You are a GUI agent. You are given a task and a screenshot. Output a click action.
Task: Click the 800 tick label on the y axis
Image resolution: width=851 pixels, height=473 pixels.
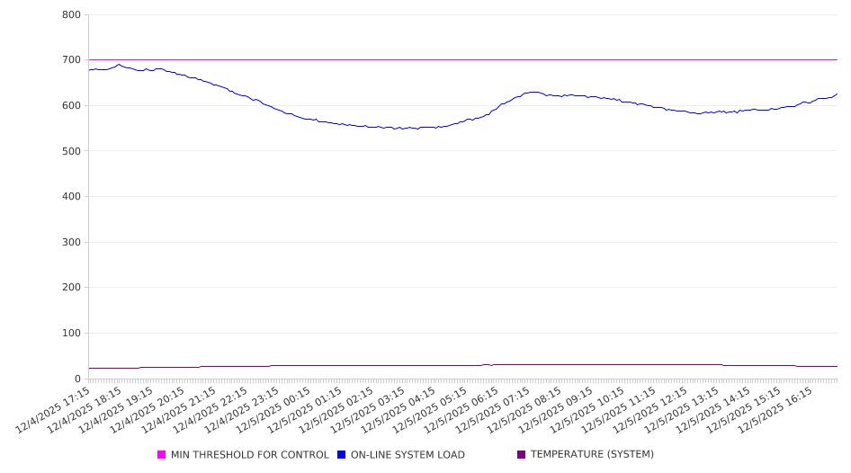72,14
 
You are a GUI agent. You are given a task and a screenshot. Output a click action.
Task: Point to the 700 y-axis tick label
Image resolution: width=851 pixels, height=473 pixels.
72,60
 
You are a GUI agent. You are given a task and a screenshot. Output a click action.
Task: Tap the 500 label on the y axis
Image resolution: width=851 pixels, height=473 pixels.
72,151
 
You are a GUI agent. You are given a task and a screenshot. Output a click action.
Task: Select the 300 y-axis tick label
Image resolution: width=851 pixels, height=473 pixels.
72,242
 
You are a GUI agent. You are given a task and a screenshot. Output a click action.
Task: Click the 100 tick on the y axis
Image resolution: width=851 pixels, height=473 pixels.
72,334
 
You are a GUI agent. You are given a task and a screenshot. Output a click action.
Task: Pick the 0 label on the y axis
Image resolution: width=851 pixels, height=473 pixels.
78,379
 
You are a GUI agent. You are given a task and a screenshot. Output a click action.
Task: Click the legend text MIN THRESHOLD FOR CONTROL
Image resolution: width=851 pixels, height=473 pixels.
249,455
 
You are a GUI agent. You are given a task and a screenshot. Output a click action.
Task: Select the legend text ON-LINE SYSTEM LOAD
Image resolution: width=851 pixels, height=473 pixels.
407,455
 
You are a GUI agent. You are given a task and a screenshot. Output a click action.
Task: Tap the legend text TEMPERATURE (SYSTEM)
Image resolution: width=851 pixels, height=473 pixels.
591,454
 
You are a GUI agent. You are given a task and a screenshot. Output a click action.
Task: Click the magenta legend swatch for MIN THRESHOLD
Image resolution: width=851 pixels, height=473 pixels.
162,455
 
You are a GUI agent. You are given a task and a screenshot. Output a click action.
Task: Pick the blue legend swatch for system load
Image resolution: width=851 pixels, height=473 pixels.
342,455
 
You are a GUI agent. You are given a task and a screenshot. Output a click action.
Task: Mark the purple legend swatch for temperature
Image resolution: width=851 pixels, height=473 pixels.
521,454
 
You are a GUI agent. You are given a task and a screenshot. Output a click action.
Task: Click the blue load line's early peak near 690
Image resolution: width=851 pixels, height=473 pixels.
118,65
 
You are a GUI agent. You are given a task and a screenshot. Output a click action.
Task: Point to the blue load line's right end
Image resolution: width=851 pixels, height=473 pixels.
837,94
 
